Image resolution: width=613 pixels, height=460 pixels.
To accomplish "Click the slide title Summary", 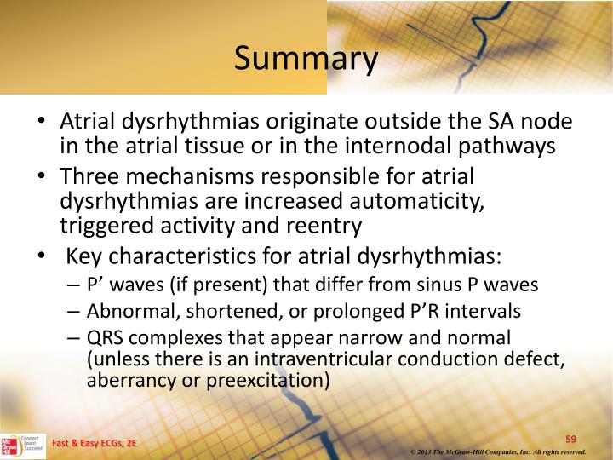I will point(306,60).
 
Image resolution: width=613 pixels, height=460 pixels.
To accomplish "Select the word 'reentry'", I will point(329,227).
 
